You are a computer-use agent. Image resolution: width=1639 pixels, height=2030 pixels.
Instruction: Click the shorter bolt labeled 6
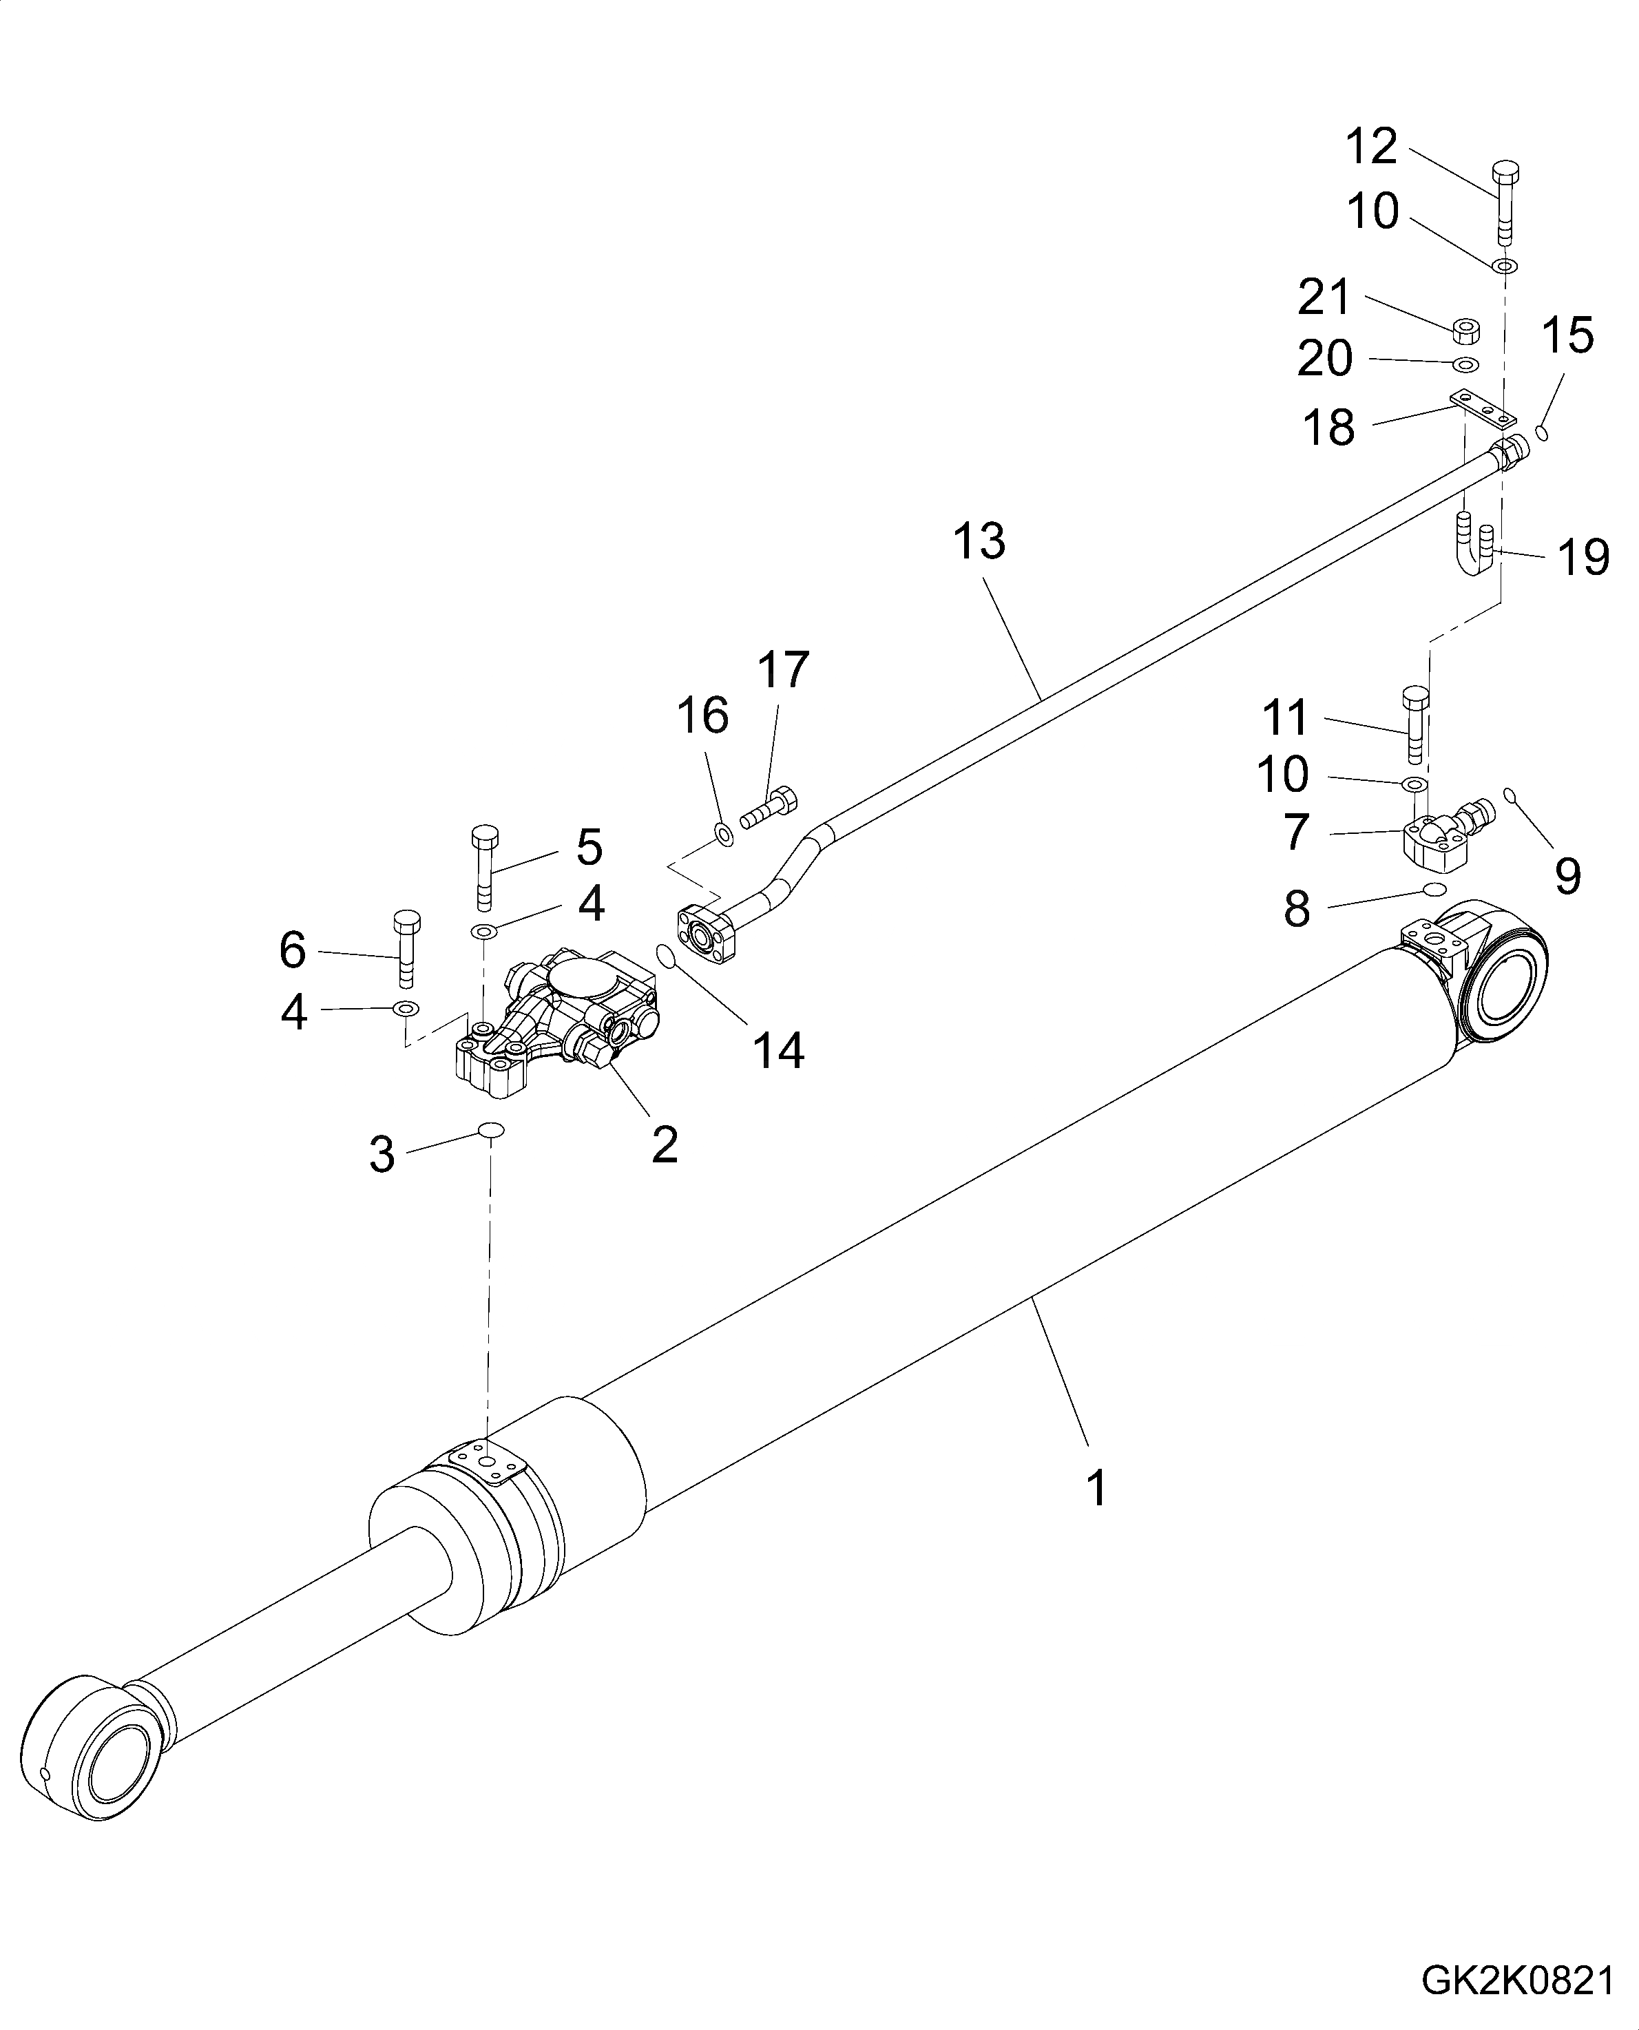(406, 948)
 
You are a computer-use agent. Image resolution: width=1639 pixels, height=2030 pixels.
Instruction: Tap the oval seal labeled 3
(491, 1129)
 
